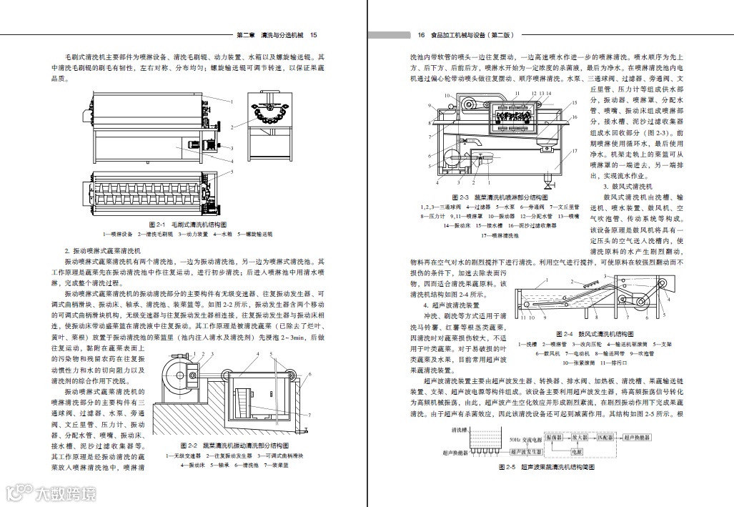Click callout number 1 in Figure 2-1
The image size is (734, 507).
[x=232, y=102]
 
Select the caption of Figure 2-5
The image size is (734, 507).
[x=547, y=468]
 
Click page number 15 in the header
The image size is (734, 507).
[x=314, y=34]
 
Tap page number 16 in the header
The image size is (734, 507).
[x=421, y=34]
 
